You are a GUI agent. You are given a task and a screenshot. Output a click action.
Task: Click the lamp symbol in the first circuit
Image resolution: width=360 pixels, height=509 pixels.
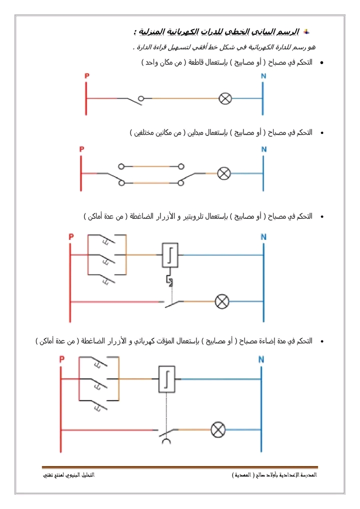tap(225, 98)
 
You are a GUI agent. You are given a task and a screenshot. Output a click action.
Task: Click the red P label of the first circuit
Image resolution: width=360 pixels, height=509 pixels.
tap(87, 76)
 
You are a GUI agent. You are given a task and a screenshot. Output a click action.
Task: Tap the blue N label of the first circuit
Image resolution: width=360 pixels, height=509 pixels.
tap(263, 76)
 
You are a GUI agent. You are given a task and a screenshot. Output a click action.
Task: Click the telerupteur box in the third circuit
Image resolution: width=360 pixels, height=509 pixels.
tap(170, 255)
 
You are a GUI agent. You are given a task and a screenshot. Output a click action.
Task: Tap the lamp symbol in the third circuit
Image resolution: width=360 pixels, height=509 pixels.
tap(221, 301)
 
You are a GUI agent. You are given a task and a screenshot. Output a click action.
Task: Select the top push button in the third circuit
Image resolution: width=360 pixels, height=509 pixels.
tap(105, 241)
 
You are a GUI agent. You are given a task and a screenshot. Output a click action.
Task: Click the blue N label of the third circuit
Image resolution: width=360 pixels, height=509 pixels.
tap(263, 237)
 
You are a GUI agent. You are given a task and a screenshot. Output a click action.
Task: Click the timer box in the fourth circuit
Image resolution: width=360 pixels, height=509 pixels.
tap(166, 378)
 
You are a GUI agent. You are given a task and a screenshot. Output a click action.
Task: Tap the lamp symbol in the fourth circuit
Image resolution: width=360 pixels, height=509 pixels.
tap(217, 429)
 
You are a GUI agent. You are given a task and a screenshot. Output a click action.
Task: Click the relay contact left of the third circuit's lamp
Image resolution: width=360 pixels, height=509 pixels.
tap(172, 302)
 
